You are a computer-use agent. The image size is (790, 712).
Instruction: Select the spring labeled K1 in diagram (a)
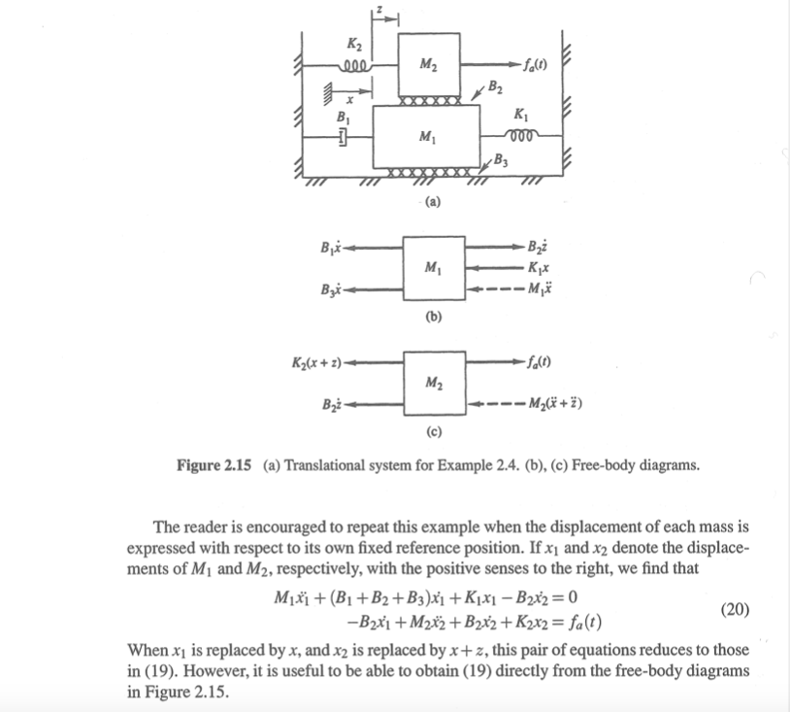[x=516, y=137]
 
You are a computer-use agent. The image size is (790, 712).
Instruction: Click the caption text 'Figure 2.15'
[x=214, y=465]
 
